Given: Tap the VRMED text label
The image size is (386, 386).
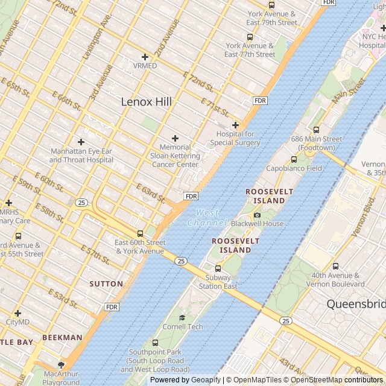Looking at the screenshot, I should click(145, 66).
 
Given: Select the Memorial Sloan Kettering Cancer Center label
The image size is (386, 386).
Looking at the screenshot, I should click(175, 156).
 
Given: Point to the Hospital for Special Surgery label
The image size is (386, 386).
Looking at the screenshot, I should click(235, 138).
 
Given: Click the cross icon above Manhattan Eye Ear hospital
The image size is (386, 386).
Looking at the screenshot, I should click(81, 142).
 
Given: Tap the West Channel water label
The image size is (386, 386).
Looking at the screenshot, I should click(207, 218).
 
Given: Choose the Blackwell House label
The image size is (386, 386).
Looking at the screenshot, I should click(257, 224).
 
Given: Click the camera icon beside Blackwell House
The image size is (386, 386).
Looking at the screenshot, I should click(258, 215).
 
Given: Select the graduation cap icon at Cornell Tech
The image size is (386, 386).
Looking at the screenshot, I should click(182, 317).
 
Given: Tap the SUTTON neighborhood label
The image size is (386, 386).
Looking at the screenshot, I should click(106, 283).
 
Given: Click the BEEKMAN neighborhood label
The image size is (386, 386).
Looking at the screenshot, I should click(62, 338).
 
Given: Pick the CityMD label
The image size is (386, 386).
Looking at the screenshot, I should click(17, 322).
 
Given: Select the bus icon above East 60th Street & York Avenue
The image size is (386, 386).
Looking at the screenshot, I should click(140, 233).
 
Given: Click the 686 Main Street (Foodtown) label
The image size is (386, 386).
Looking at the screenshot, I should click(316, 143).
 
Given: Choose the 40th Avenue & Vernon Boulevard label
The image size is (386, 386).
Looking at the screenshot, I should click(335, 280).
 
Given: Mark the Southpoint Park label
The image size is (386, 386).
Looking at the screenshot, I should click(155, 361).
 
